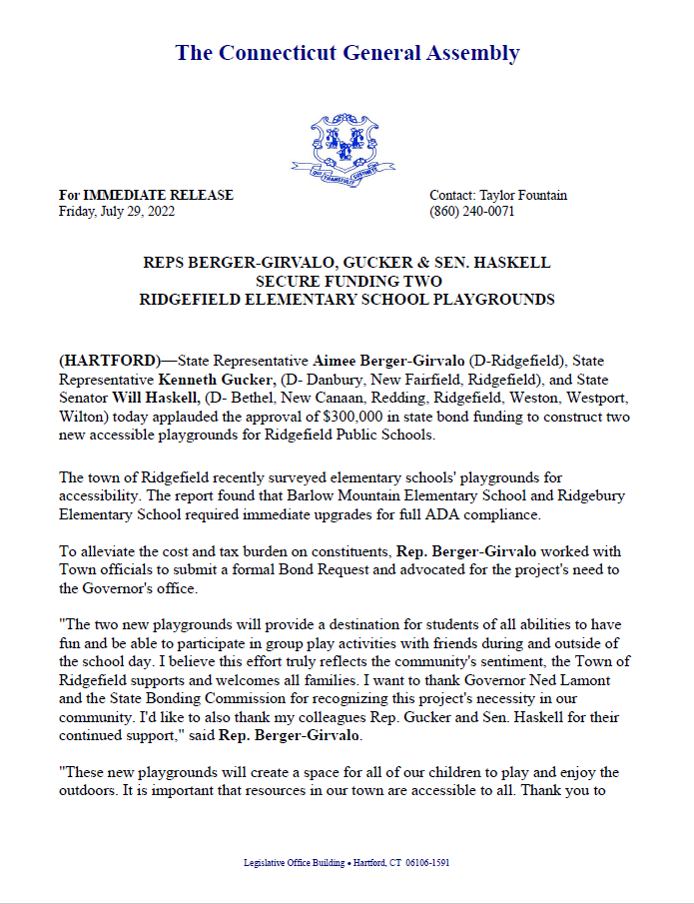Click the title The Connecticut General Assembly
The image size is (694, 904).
(x=347, y=53)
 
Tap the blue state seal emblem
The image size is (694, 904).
(x=344, y=145)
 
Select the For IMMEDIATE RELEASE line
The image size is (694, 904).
(x=146, y=196)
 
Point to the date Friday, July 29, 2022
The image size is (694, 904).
(x=117, y=212)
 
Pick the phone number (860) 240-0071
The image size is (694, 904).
(x=472, y=212)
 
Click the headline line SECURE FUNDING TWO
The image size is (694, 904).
(x=347, y=281)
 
